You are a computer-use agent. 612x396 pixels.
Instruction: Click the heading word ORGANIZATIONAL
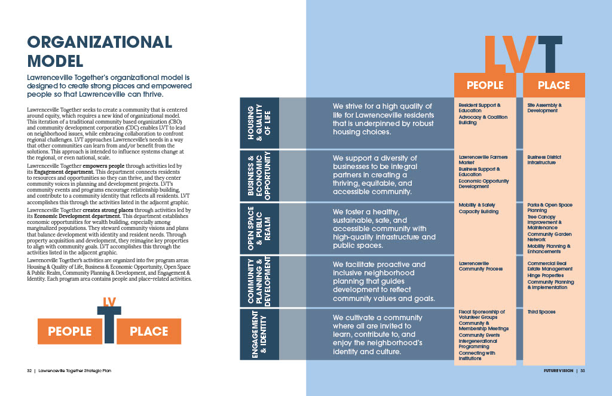pos(100,42)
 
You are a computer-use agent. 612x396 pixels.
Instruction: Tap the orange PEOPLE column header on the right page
pos(485,85)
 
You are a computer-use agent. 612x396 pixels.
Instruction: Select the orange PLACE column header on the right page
pos(554,85)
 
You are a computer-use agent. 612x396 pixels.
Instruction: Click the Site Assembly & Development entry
pos(544,108)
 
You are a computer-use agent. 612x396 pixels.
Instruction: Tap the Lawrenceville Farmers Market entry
pos(483,159)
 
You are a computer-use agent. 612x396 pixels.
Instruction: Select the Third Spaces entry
pos(541,312)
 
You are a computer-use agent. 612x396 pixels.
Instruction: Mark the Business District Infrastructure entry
pos(544,159)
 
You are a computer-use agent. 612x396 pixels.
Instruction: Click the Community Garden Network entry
pos(549,237)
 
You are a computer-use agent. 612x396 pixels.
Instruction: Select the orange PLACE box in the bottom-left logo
pos(149,331)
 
